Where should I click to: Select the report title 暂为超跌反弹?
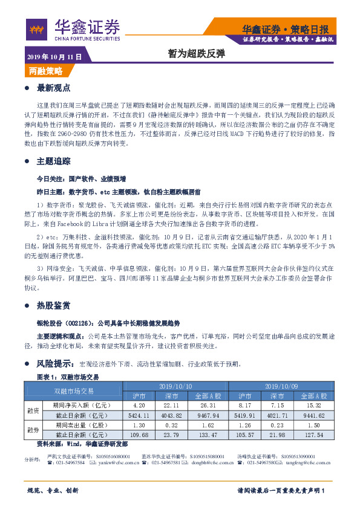point(188,54)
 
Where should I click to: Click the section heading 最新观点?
point(54,88)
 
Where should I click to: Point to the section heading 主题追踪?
point(54,162)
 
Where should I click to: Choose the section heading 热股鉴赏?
point(54,305)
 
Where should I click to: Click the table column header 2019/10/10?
point(175,386)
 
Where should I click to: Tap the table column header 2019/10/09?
point(281,386)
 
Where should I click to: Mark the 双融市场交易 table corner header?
point(74,391)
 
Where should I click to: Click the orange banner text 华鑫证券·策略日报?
point(286,29)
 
